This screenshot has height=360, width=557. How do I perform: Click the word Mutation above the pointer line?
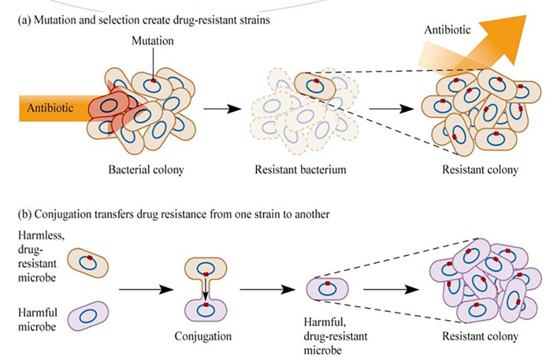pyautogui.click(x=153, y=41)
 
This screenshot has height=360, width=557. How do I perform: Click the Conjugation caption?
pyautogui.click(x=202, y=336)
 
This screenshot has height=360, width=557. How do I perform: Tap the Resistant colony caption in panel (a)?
pyautogui.click(x=480, y=171)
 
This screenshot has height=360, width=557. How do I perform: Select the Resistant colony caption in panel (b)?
pyautogui.click(x=480, y=336)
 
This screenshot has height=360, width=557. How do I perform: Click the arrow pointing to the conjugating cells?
pyautogui.click(x=147, y=289)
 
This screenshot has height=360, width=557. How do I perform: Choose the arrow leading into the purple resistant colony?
pyautogui.click(x=395, y=289)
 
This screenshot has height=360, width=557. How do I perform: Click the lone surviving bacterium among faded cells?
pyautogui.click(x=314, y=85)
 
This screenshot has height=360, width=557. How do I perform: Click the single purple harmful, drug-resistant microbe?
pyautogui.click(x=327, y=289)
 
